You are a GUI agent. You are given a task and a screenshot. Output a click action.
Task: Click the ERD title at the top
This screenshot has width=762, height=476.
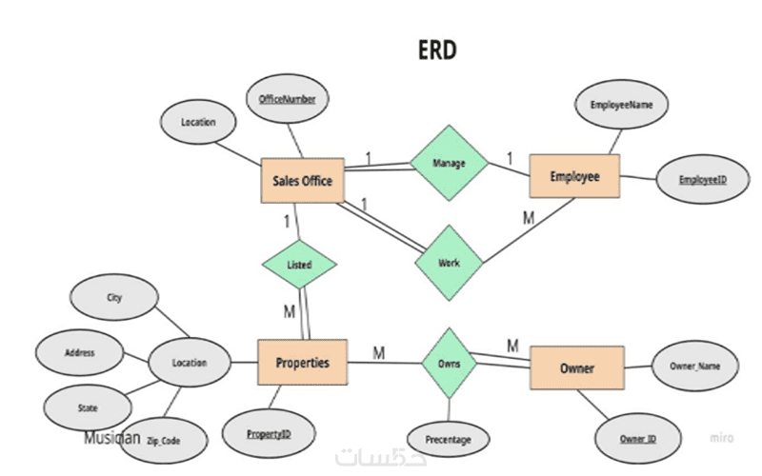coord(437,50)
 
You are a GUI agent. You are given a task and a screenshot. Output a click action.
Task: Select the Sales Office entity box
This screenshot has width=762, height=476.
coord(302,180)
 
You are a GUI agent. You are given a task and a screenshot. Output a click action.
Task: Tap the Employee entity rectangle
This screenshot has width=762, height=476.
coord(574,176)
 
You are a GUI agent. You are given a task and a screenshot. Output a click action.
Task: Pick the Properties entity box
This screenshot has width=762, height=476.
coord(302,363)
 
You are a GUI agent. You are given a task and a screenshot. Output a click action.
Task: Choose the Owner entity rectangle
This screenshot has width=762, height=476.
coord(577,367)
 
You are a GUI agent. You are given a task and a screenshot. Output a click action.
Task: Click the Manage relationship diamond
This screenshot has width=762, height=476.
coord(449,163)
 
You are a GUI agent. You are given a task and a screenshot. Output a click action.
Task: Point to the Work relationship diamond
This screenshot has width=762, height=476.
coord(449,263)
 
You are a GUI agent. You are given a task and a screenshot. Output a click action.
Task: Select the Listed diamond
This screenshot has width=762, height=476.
coord(299,265)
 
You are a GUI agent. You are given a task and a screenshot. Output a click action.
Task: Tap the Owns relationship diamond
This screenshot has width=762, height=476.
coord(449,364)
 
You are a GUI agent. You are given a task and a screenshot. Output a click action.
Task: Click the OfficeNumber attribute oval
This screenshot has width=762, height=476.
coord(288,99)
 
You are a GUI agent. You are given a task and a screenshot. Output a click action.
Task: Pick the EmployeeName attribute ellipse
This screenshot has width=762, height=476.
coord(621,105)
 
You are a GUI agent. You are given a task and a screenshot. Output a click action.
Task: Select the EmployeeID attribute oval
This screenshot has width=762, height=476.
coord(703,179)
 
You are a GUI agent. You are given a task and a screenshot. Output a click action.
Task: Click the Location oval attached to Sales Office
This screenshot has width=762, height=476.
coord(198,122)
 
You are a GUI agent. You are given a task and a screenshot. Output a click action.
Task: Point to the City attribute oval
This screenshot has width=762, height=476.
coord(114,297)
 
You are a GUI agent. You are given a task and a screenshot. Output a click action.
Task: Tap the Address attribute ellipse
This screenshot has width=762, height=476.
coord(80,352)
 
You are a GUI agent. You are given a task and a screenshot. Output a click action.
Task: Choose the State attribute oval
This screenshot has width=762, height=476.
coord(88,407)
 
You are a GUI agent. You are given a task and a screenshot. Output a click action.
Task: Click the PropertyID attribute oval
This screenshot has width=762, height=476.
coord(269,434)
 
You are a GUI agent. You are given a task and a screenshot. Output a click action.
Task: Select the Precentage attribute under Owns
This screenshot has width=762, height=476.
coord(448,440)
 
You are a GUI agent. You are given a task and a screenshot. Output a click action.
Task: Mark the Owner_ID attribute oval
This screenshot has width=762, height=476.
coord(638,439)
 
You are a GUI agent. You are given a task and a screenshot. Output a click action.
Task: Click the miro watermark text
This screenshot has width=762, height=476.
coord(721,438)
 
